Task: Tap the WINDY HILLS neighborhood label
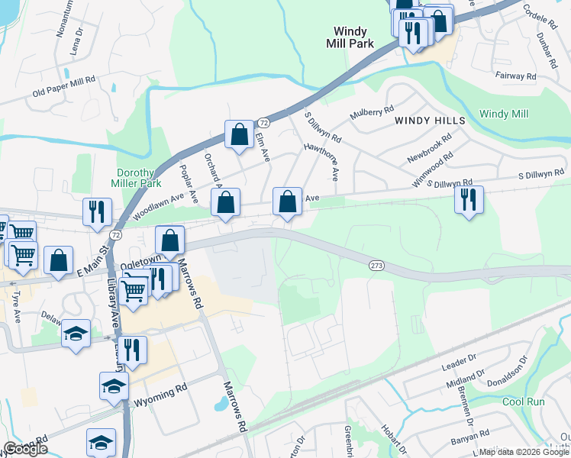[430, 121]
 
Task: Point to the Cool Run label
[524, 402]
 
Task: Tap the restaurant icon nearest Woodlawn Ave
[97, 211]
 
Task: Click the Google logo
[26, 449]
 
